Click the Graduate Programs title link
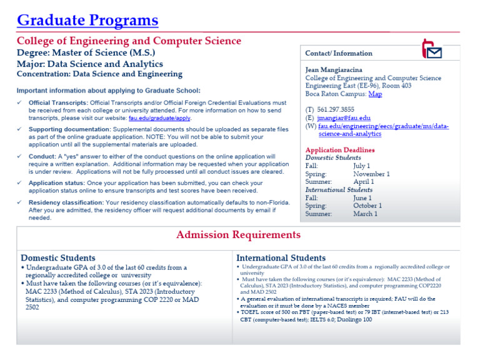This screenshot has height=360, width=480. [x=87, y=20]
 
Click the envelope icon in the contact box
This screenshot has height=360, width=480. [x=432, y=49]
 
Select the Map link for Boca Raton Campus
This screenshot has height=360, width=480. [x=375, y=94]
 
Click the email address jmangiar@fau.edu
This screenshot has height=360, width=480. [x=343, y=117]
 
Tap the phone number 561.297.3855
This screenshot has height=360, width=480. [x=336, y=109]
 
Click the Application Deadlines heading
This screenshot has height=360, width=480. [x=340, y=150]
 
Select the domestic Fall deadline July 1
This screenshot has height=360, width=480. [x=362, y=166]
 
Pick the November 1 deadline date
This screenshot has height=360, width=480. [x=371, y=174]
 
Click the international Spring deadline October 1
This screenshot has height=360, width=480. [x=367, y=206]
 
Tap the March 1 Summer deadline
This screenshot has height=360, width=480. [x=365, y=214]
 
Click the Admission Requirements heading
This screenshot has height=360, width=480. [x=238, y=235]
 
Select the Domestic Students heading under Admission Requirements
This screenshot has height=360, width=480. [x=58, y=257]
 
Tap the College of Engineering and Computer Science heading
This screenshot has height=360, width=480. [x=129, y=41]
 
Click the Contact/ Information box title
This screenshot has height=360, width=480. [x=339, y=54]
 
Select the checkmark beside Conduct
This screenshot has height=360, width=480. [x=20, y=156]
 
